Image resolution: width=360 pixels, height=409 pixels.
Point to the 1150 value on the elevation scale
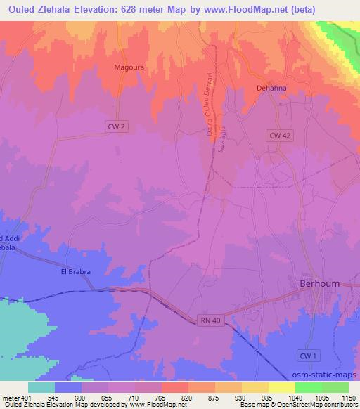(x=341, y=397)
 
